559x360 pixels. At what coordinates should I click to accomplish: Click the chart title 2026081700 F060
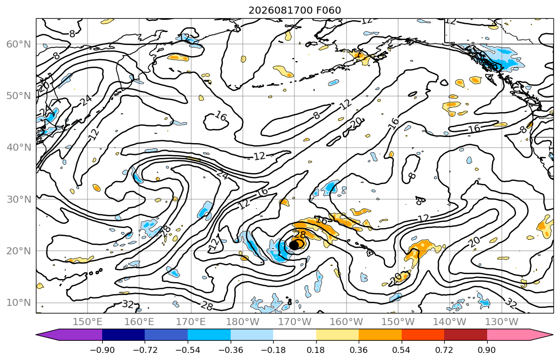[294, 10]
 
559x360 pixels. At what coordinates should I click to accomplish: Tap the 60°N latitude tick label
[19, 44]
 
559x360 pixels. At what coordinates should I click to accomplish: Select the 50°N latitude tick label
[19, 96]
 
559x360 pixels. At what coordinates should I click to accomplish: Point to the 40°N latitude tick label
[19, 148]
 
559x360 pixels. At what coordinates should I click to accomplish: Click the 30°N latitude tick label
[19, 199]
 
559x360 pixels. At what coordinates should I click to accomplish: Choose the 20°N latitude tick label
[19, 251]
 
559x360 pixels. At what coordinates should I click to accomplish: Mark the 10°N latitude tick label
[19, 303]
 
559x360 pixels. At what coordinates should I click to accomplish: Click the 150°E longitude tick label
[88, 322]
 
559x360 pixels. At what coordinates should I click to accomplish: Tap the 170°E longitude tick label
[191, 322]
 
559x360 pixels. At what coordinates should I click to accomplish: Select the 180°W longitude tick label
[243, 322]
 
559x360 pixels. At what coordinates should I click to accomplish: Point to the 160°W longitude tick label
[347, 322]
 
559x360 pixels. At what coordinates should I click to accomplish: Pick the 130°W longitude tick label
[502, 322]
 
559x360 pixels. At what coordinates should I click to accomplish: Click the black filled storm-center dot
[294, 245]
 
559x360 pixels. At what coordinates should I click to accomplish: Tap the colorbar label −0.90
[102, 350]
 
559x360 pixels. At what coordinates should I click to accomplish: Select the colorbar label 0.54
[402, 350]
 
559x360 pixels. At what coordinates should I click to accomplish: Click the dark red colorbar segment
[465, 335]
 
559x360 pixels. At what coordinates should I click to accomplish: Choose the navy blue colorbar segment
[123, 335]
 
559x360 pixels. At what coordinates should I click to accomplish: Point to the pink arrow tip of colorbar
[552, 335]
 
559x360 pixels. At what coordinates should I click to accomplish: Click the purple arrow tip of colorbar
[37, 335]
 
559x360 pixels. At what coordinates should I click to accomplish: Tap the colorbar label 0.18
[316, 350]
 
